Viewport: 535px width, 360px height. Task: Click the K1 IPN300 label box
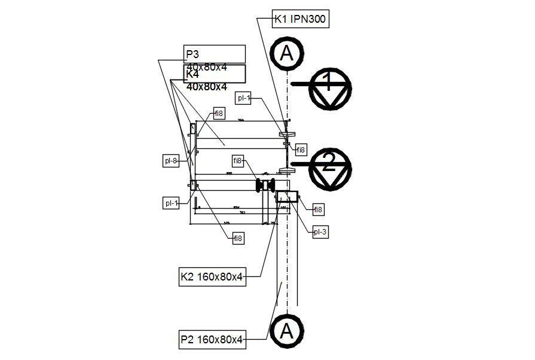[x=300, y=19]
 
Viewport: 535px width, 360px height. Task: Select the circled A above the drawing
[x=288, y=54]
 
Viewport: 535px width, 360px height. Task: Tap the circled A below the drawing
[x=286, y=331]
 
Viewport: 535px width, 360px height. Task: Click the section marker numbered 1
[x=328, y=88]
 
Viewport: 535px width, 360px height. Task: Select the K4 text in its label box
[x=192, y=75]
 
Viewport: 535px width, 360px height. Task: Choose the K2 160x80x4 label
[x=212, y=277]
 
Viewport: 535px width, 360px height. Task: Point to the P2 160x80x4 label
[x=212, y=340]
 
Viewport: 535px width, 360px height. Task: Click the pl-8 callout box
[x=172, y=160]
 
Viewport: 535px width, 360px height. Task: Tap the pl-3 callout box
[x=321, y=232]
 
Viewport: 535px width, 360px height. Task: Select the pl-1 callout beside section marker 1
[x=244, y=98]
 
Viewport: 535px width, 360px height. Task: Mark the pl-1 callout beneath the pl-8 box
[x=172, y=203]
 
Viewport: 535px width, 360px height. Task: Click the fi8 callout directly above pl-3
[x=319, y=210]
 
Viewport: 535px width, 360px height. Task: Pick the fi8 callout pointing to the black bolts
[x=239, y=160]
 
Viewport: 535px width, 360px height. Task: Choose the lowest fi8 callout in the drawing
[x=239, y=239]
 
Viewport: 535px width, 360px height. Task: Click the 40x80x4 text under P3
[x=207, y=68]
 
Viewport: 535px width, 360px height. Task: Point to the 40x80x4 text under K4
[x=207, y=87]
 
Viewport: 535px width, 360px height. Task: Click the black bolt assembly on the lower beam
[x=265, y=185]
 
